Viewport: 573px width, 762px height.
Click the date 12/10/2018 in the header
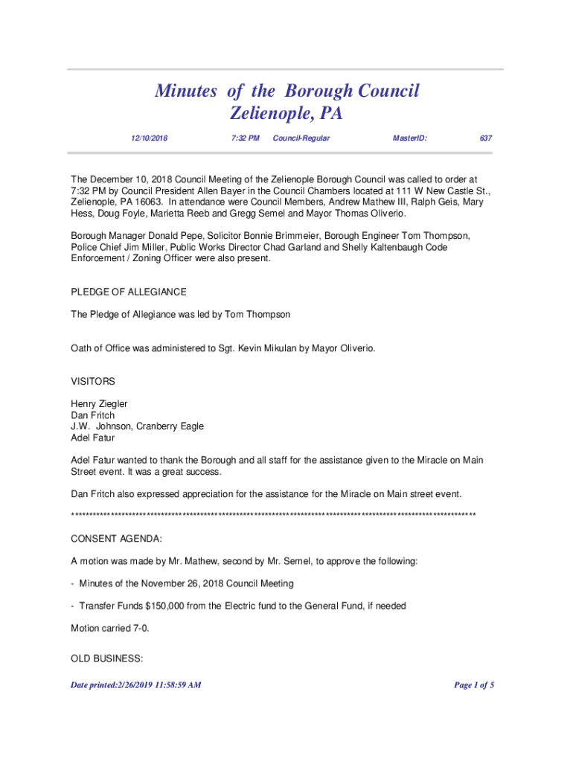tap(149, 138)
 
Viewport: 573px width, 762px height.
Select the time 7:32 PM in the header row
tap(245, 138)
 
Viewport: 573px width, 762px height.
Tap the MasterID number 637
tap(486, 138)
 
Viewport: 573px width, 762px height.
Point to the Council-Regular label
tap(301, 138)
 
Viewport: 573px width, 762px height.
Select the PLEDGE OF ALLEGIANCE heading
tap(128, 292)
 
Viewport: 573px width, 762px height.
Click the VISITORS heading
tap(92, 381)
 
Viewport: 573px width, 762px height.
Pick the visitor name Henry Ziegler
tap(99, 404)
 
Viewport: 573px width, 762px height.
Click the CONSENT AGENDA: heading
tap(116, 538)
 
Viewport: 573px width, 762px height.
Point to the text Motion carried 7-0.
tap(109, 628)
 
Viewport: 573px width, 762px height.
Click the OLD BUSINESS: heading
tap(106, 659)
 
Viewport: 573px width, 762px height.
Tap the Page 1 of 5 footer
tap(474, 685)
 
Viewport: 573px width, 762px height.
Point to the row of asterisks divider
tap(272, 516)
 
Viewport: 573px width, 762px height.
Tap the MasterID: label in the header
tap(409, 138)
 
